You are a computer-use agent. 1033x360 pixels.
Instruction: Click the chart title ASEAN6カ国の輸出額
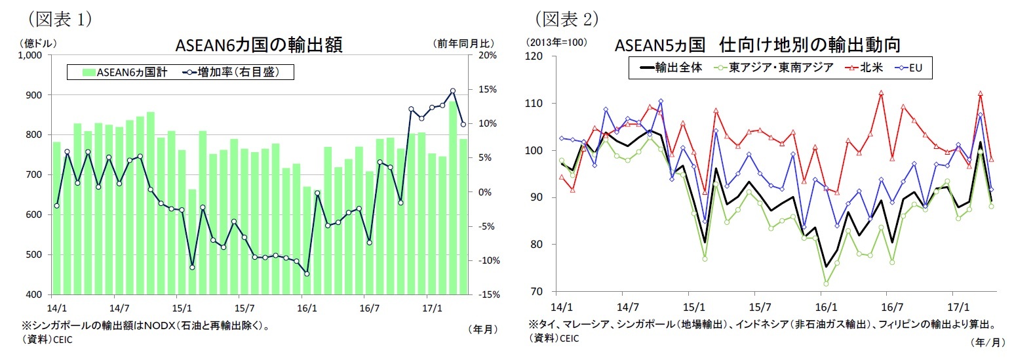tap(258, 45)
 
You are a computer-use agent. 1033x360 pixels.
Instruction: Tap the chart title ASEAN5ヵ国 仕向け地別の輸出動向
tap(757, 45)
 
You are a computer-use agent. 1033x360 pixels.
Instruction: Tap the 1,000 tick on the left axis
tap(30, 56)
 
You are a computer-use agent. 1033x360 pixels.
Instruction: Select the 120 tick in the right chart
tap(534, 56)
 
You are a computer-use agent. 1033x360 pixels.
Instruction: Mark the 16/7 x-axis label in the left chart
tap(369, 308)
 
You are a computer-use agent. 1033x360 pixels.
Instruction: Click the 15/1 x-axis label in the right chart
tap(693, 307)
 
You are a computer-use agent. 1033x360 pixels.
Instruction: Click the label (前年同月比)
tap(463, 43)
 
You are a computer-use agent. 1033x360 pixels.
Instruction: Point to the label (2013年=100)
tap(556, 43)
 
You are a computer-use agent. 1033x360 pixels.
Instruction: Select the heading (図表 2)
tap(567, 19)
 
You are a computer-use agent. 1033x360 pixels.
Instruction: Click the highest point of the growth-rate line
tap(452, 91)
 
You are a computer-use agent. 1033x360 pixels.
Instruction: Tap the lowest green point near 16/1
tap(826, 284)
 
